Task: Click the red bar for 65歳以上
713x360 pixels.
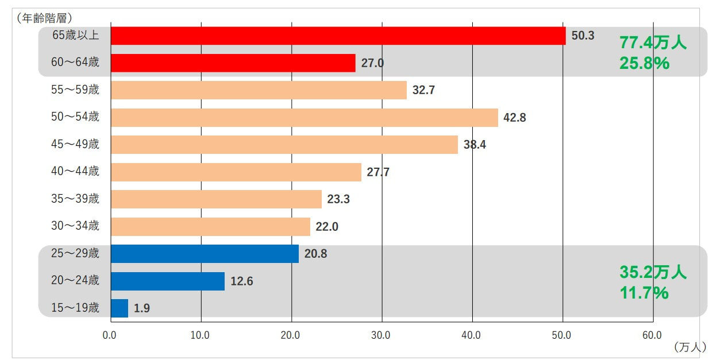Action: (338, 36)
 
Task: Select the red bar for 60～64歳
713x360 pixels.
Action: (233, 63)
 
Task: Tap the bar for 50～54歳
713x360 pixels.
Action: (304, 118)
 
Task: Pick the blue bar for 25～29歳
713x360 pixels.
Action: (205, 254)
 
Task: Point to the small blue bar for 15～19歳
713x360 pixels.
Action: (120, 308)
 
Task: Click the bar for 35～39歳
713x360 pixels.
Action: (216, 199)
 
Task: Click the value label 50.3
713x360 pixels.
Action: (583, 36)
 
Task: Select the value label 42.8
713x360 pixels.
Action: (514, 118)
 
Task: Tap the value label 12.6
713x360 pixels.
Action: (242, 281)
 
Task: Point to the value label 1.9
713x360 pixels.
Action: (142, 308)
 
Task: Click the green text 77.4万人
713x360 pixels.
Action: (653, 42)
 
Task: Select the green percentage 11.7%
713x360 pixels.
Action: (643, 293)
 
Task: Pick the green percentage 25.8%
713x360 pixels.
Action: (644, 63)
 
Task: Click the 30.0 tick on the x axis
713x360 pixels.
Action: (381, 335)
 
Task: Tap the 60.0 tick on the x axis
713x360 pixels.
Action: (653, 335)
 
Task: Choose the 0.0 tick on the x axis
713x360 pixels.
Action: (110, 335)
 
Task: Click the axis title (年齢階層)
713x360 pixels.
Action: (45, 18)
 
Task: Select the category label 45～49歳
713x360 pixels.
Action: (75, 145)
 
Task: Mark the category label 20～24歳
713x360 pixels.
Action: (75, 281)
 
